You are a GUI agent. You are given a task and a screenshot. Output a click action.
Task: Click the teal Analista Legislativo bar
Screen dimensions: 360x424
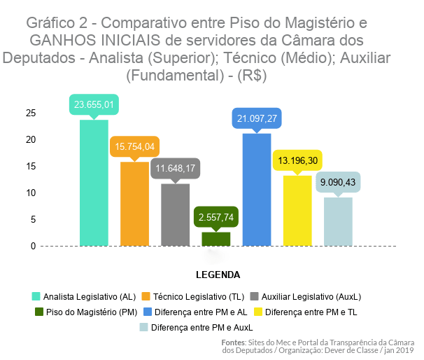94,183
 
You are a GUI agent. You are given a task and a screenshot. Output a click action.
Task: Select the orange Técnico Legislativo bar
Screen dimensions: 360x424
134,204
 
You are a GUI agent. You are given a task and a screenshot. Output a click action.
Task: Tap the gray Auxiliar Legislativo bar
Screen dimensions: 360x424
175,214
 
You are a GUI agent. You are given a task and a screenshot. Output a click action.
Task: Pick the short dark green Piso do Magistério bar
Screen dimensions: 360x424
215,239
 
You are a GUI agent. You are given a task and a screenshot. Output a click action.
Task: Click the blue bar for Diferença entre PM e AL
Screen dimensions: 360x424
256,190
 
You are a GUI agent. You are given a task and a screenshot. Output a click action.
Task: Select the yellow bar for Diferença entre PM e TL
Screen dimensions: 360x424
297,211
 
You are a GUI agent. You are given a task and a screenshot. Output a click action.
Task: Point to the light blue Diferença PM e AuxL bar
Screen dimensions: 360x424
338,221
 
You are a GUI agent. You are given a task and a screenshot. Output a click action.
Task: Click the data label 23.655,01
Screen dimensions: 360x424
94,105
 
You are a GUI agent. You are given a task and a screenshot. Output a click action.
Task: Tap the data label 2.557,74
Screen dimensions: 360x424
215,217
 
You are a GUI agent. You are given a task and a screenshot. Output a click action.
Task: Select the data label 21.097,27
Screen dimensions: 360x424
257,118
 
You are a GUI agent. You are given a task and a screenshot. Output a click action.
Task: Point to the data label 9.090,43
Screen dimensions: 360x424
338,182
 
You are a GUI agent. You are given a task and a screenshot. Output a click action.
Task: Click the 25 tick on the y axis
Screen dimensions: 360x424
30,113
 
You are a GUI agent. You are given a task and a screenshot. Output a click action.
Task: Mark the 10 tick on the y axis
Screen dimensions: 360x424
30,193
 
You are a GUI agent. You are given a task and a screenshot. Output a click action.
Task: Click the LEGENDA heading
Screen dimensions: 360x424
217,274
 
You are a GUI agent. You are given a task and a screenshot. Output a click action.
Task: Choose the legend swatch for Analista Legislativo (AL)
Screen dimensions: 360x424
36,296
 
